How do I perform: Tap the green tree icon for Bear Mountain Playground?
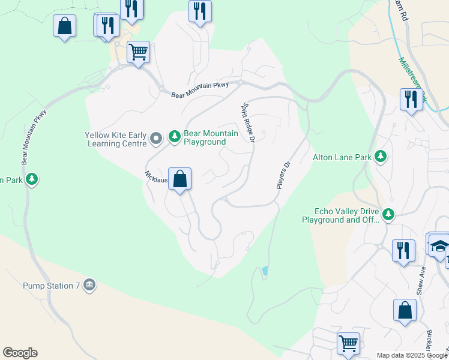(174, 137)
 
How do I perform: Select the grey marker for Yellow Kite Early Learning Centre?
(155, 139)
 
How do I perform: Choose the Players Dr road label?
(283, 175)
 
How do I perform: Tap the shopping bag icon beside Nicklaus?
(179, 179)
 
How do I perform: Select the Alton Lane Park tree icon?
(380, 157)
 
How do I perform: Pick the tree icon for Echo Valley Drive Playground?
(388, 214)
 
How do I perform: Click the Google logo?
(20, 353)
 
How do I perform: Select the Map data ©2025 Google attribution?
(411, 355)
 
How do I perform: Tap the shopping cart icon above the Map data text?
(348, 343)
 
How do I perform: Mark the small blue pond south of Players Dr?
(265, 272)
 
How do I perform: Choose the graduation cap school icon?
(440, 246)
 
